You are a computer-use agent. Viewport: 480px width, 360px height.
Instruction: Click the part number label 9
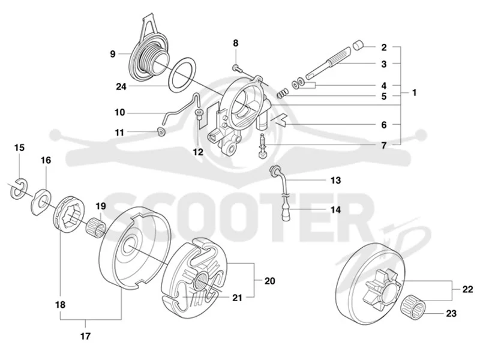[113, 54]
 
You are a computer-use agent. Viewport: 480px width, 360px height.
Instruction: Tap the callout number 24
[121, 87]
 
